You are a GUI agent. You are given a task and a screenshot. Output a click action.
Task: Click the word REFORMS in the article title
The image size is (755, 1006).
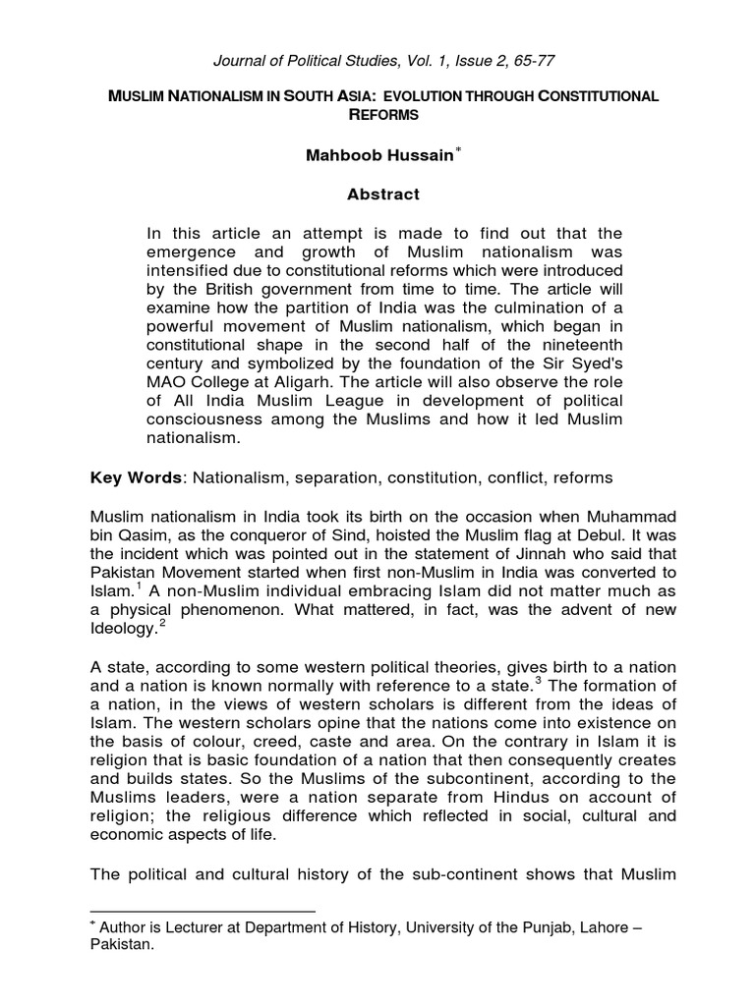coord(383,115)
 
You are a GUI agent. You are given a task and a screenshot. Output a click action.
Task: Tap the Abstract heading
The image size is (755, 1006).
coord(383,195)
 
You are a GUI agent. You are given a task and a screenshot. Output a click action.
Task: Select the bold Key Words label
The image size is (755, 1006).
coord(137,477)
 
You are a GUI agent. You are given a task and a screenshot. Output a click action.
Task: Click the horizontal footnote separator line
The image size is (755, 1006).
coord(203,911)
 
